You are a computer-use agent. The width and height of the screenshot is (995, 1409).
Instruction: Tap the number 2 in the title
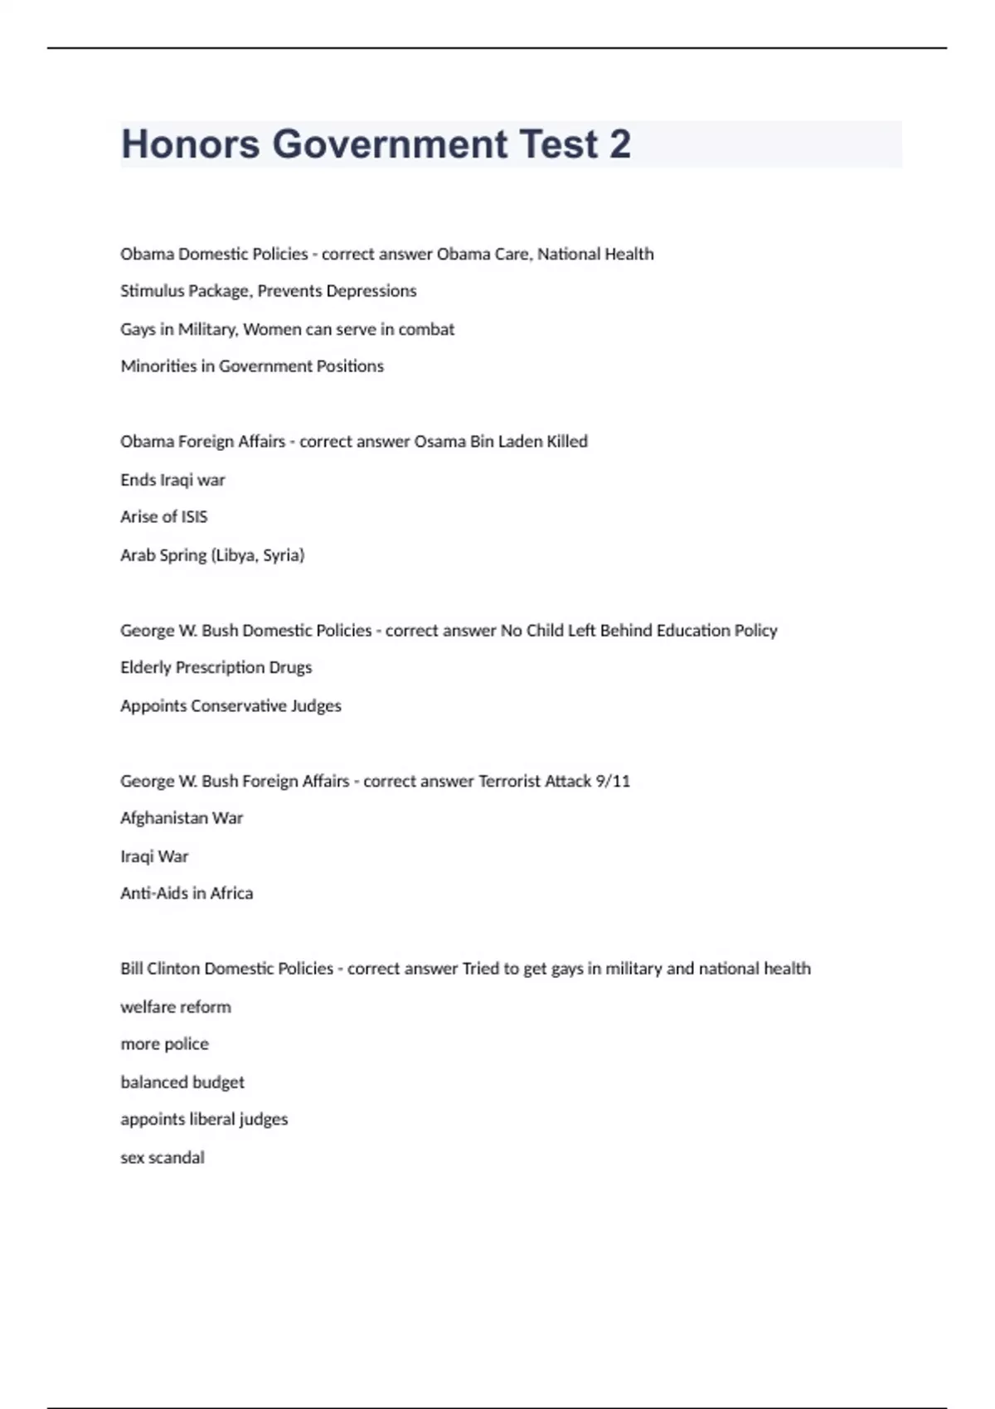pyautogui.click(x=619, y=144)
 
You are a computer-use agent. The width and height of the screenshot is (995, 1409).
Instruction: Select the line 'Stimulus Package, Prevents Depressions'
pyautogui.click(x=268, y=291)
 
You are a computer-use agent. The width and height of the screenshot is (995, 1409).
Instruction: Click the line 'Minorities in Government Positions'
pyautogui.click(x=252, y=366)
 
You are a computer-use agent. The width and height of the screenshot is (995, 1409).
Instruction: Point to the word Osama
pyautogui.click(x=439, y=442)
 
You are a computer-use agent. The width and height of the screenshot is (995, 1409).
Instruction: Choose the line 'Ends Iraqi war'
pyautogui.click(x=172, y=480)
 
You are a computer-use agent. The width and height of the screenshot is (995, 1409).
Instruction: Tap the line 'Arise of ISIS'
pyautogui.click(x=163, y=517)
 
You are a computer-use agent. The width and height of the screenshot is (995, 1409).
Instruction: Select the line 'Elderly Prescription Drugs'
pyautogui.click(x=216, y=667)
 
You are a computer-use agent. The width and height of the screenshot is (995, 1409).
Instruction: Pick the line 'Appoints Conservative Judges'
pyautogui.click(x=231, y=706)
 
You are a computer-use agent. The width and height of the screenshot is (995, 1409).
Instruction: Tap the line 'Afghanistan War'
pyautogui.click(x=182, y=818)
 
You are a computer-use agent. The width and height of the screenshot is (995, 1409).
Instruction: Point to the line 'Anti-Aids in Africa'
pyautogui.click(x=187, y=893)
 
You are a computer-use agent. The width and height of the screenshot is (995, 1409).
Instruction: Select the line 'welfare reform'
pyautogui.click(x=176, y=1007)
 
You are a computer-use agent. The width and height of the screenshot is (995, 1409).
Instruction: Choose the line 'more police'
pyautogui.click(x=164, y=1044)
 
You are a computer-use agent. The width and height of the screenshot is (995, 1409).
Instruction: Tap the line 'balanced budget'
pyautogui.click(x=182, y=1082)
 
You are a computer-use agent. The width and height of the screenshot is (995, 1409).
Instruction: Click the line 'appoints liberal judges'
pyautogui.click(x=204, y=1120)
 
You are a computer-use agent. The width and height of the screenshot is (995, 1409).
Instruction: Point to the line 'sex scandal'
pyautogui.click(x=162, y=1158)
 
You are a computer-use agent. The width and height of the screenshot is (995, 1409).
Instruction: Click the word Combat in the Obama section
pyautogui.click(x=426, y=329)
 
